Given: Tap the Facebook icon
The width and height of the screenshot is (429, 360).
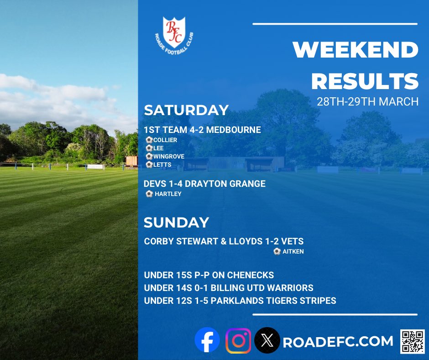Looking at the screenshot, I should [207, 340].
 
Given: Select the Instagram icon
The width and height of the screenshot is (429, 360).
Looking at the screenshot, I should [238, 340].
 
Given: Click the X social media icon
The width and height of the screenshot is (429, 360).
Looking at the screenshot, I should [267, 340].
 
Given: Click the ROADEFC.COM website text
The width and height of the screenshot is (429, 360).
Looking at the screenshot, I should [338, 341].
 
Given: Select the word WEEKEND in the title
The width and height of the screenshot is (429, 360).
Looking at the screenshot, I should [356, 50].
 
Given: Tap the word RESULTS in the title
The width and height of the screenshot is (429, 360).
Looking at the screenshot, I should [365, 81].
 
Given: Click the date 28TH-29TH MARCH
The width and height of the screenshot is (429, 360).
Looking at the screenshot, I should [367, 101].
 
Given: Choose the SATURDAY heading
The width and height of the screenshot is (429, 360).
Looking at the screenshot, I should [186, 110].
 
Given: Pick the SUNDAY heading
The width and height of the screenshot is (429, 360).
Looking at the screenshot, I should [176, 222].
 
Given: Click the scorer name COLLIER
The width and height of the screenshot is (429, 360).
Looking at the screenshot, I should [165, 140].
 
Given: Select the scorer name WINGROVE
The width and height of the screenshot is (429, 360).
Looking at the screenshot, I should [169, 156].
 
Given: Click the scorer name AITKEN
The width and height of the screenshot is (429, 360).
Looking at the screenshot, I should [293, 251].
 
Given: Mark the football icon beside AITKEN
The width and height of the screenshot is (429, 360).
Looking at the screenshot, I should [277, 251].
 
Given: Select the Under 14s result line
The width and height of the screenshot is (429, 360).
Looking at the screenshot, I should [229, 288].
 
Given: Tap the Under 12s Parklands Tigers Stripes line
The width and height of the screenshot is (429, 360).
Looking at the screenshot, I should [240, 301].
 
